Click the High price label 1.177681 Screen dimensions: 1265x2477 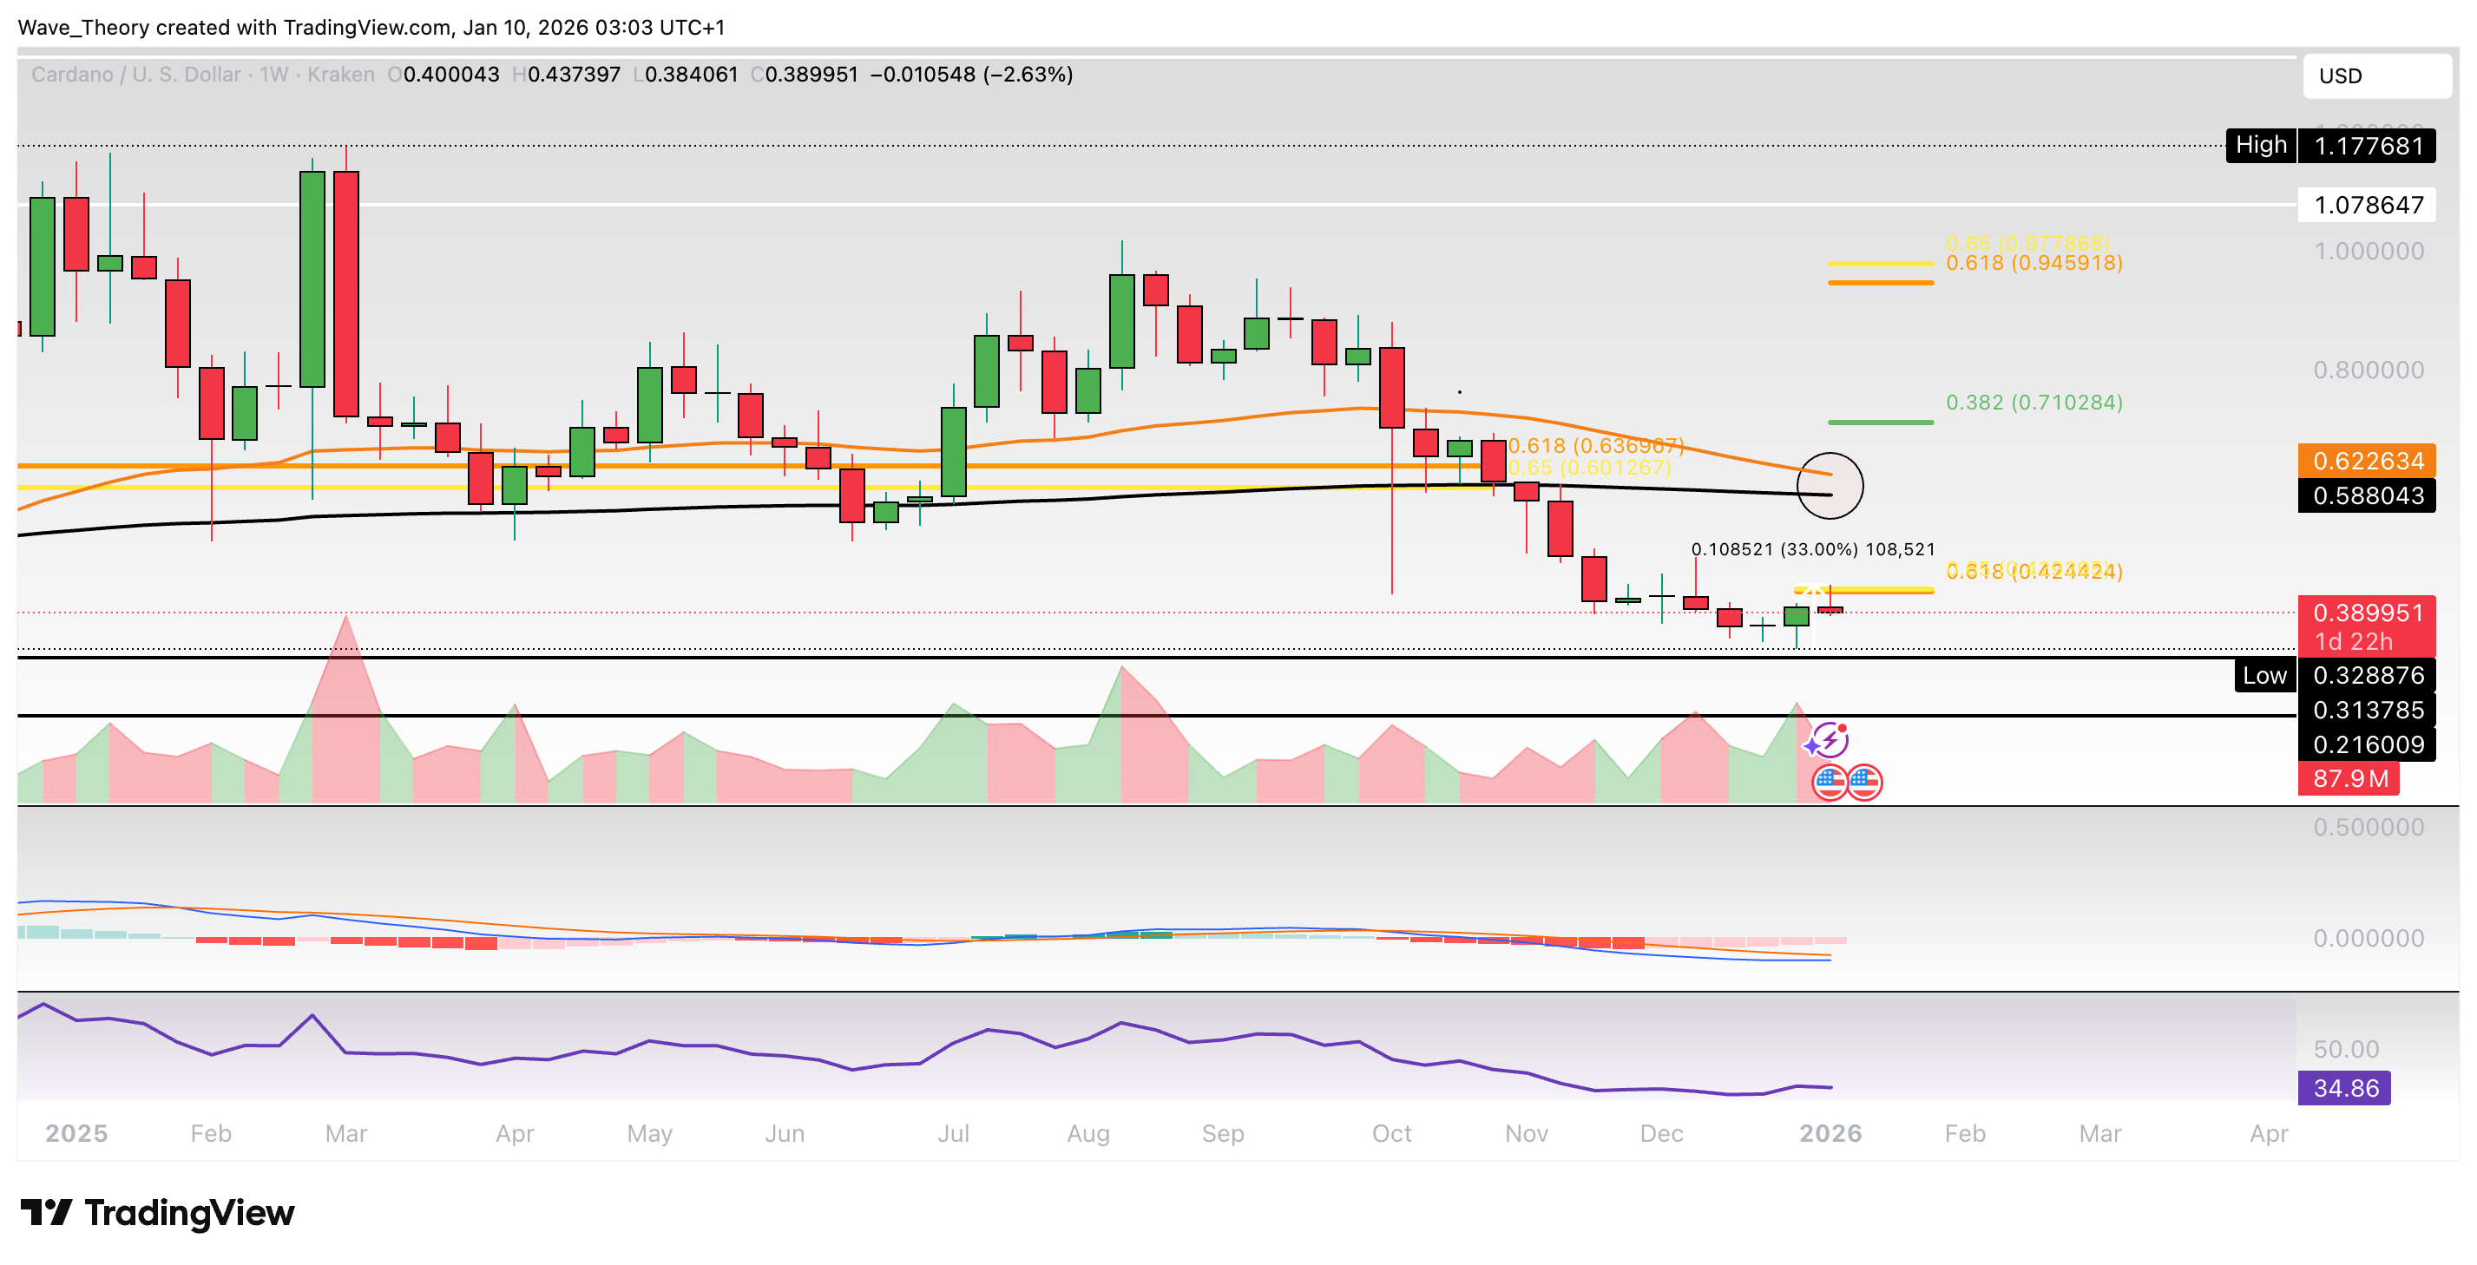2368,146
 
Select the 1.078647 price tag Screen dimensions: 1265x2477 2368,205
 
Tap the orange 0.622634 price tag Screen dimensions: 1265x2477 2368,461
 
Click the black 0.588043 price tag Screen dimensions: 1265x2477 2368,496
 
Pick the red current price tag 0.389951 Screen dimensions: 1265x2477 2368,613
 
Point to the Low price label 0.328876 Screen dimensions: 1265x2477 2368,676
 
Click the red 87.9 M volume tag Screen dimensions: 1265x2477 2350,778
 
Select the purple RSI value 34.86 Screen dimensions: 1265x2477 2345,1088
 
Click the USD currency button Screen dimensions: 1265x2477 2376,76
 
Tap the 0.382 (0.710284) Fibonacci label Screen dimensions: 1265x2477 2034,403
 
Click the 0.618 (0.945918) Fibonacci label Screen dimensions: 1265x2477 2034,264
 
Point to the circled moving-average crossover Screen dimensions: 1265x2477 1830,485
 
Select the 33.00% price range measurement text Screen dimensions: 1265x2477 1812,550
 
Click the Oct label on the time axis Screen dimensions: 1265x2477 1391,1134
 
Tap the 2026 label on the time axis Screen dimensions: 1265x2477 1830,1134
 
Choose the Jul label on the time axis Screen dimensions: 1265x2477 953,1134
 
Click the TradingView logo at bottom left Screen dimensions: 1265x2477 158,1213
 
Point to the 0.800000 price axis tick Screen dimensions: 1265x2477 2368,370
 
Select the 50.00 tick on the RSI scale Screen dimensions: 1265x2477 2345,1050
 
